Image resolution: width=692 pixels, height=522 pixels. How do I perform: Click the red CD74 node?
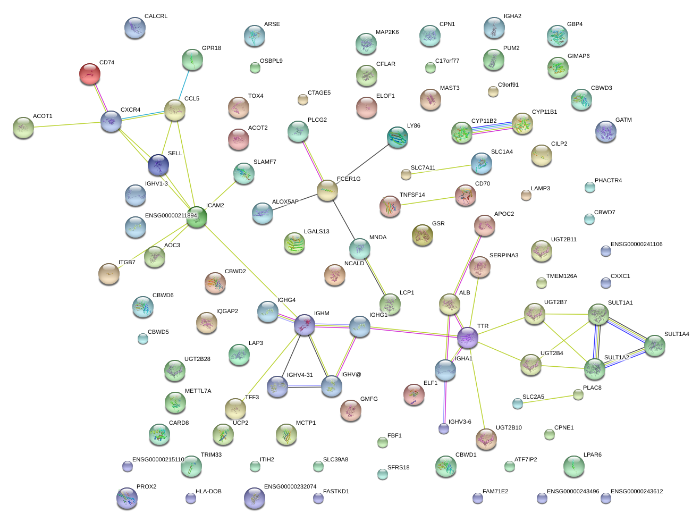click(x=89, y=73)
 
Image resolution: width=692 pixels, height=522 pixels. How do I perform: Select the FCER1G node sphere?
click(x=327, y=190)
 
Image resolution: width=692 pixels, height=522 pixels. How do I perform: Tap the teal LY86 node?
click(x=397, y=137)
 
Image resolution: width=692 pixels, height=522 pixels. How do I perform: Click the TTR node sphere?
click(x=468, y=337)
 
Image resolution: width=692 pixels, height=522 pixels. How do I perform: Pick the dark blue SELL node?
click(x=158, y=165)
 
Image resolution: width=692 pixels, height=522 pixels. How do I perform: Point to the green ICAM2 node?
click(x=197, y=217)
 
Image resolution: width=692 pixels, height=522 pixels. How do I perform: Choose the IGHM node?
click(x=305, y=324)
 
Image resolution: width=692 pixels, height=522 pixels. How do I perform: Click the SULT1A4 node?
click(x=654, y=345)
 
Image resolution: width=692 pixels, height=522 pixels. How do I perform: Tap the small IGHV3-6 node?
click(x=444, y=428)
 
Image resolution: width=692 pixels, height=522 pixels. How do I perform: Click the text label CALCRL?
click(x=156, y=16)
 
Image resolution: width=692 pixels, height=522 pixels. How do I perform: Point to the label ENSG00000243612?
click(x=636, y=492)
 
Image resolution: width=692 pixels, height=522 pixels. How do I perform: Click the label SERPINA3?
click(x=503, y=256)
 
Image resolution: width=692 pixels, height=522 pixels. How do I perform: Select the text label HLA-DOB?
click(x=208, y=492)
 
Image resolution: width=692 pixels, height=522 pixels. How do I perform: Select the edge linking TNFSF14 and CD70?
click(x=428, y=201)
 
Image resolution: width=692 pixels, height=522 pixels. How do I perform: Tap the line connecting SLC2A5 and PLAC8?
click(x=547, y=399)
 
